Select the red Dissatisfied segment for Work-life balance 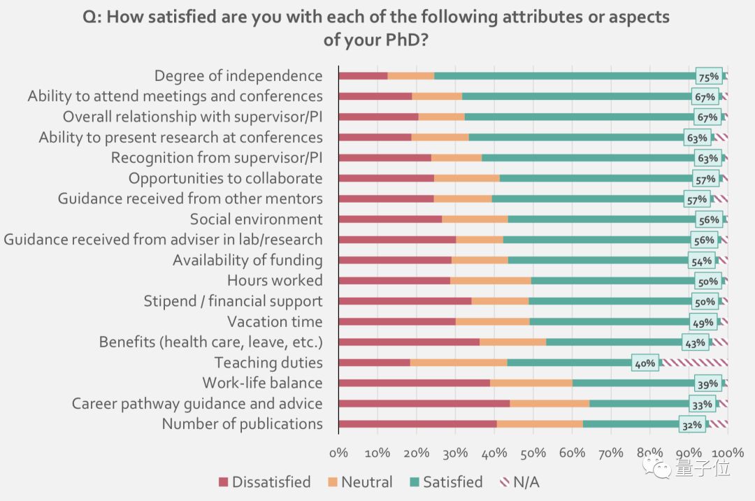[x=414, y=383]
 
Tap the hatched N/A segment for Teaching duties [x=694, y=363]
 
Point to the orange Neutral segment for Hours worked [x=491, y=281]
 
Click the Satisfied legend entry [x=446, y=482]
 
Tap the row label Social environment [x=256, y=219]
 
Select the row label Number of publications [x=242, y=424]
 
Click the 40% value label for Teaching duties [x=645, y=363]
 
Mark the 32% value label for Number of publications [x=691, y=425]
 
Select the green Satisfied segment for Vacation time [x=608, y=321]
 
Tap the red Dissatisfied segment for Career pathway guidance [x=424, y=403]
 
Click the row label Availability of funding [x=247, y=261]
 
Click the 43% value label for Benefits [x=696, y=342]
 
